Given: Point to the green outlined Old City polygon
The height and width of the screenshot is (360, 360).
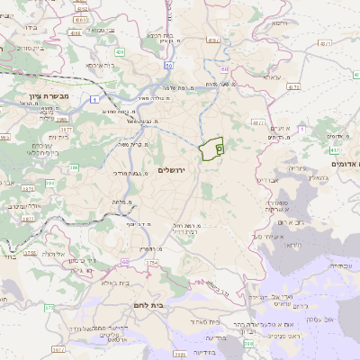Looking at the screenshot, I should [x=213, y=148].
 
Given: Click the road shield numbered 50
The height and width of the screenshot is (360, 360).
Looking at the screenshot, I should [x=168, y=65].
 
